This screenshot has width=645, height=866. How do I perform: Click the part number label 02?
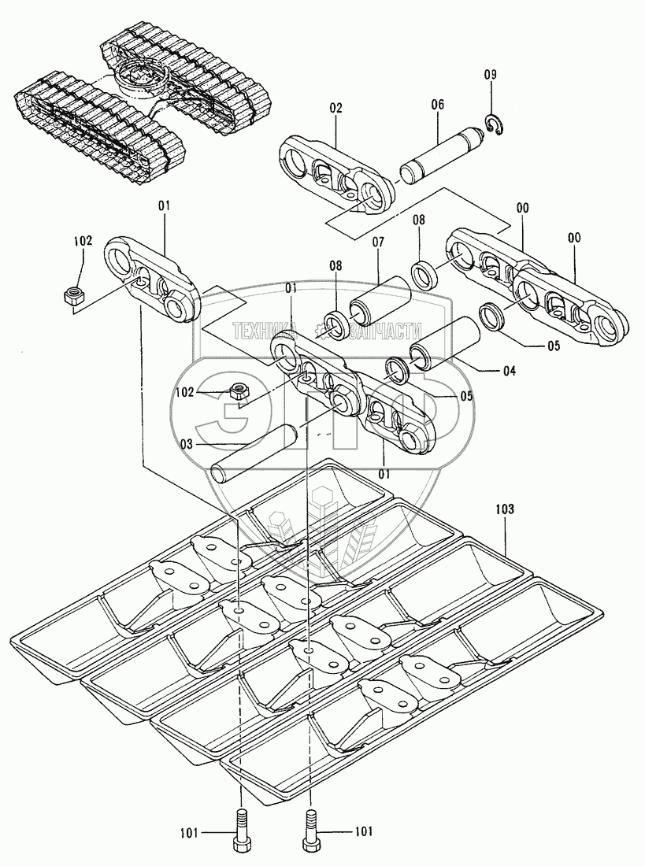click(336, 109)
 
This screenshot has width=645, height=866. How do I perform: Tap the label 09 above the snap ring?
click(490, 75)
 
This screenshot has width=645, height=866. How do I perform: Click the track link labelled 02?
click(335, 173)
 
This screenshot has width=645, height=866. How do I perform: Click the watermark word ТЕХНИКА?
click(263, 331)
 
